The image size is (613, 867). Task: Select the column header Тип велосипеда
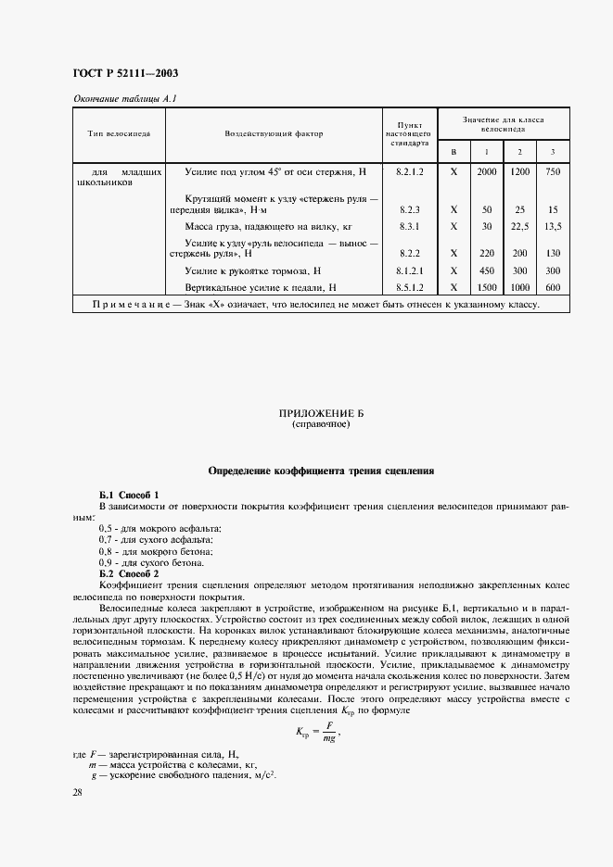pos(119,133)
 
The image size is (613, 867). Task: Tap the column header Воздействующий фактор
pos(274,133)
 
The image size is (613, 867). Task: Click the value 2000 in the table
pos(486,172)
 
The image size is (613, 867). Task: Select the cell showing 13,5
pos(553,225)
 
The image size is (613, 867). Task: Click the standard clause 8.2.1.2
pos(409,172)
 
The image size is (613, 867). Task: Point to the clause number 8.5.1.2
pos(409,287)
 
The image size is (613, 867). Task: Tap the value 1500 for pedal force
pos(486,287)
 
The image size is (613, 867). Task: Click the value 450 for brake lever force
pos(486,270)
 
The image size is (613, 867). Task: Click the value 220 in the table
pos(486,252)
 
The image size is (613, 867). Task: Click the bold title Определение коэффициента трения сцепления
pos(321,471)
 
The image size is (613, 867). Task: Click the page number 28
pos(77,793)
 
